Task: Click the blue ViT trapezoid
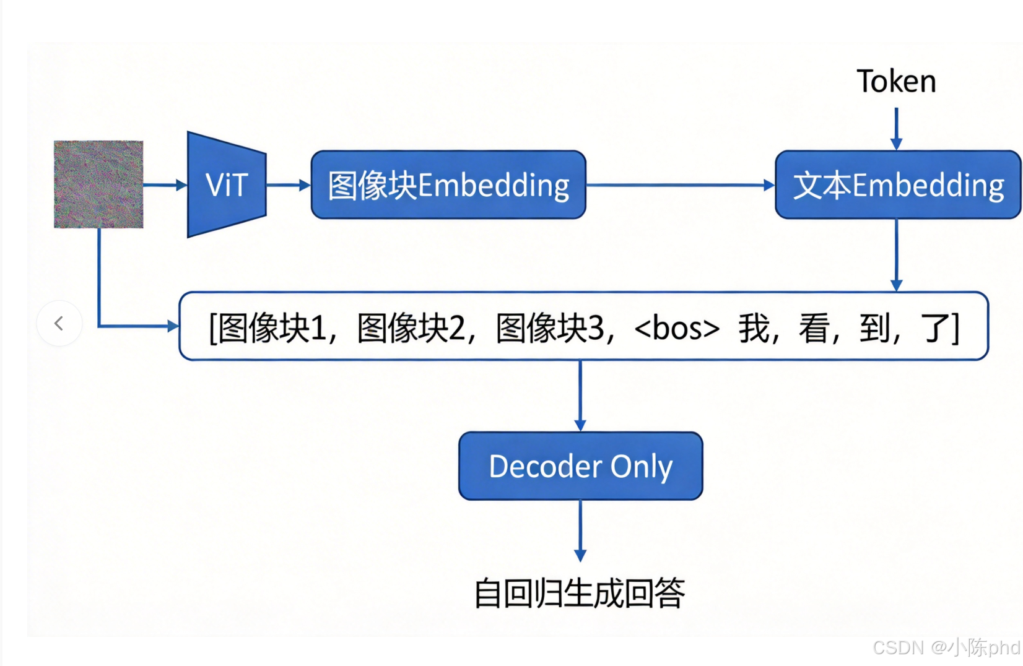pos(227,184)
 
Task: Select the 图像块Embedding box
pos(448,184)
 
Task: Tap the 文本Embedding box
pos(897,184)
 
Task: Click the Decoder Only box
pos(580,466)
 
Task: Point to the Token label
pos(896,82)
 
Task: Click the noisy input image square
pos(98,184)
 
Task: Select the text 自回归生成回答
pos(580,593)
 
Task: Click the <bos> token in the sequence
pos(677,328)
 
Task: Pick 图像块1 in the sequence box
pos(272,328)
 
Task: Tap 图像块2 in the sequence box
pos(411,328)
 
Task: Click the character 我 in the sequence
pos(754,328)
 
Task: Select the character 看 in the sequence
pos(814,328)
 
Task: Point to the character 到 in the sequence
pos(874,328)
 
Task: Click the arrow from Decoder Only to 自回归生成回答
pos(580,530)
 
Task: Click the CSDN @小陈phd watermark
pos(946,647)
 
